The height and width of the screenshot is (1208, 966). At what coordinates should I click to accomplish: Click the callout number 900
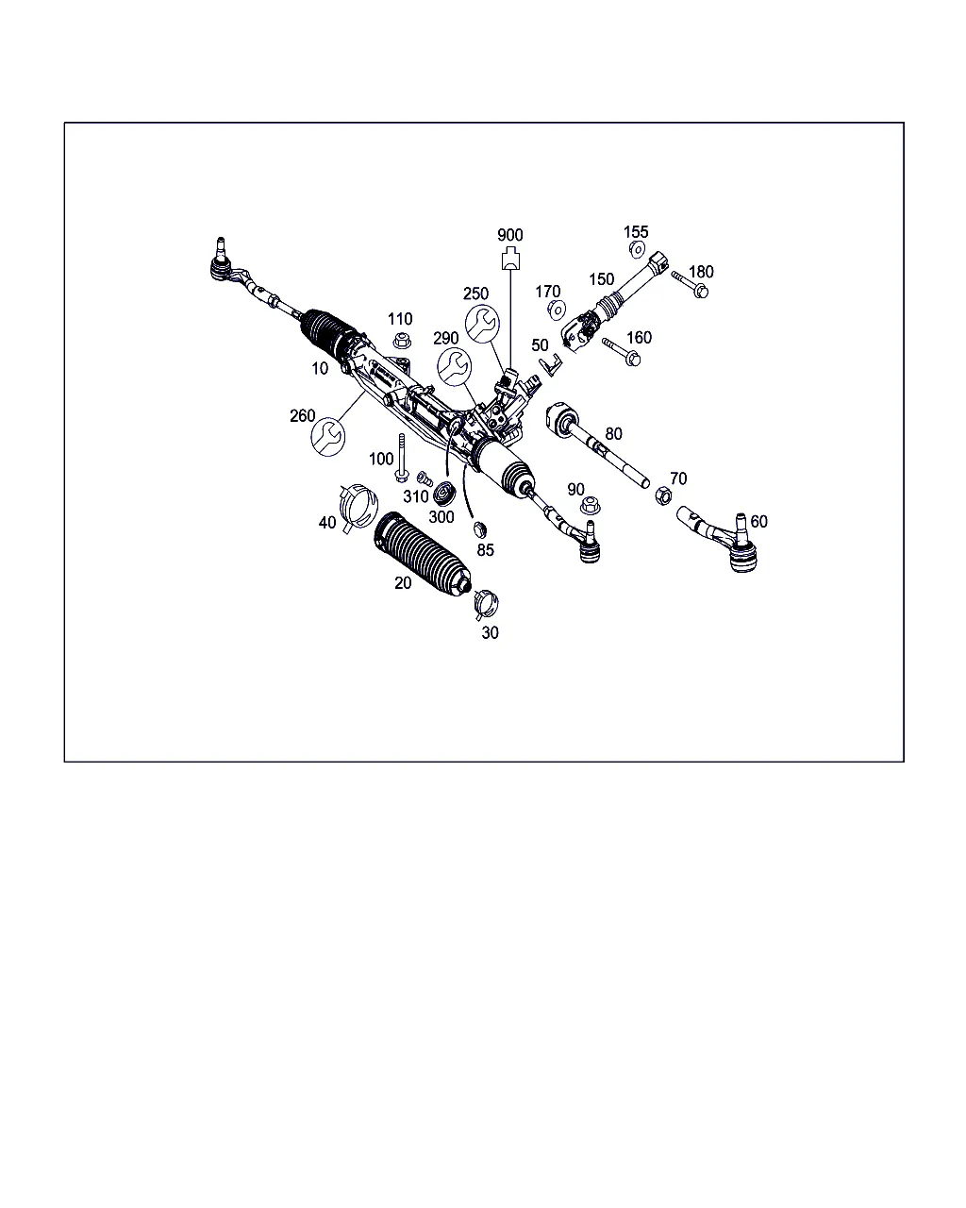point(509,235)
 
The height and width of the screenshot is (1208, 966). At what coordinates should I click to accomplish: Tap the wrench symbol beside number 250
point(482,324)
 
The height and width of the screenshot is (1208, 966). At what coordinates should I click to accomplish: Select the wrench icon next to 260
point(327,437)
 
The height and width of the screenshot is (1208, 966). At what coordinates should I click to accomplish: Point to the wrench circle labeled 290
point(454,366)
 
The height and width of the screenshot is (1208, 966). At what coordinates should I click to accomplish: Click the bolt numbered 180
point(690,285)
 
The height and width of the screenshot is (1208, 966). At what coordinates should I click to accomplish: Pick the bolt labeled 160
point(621,351)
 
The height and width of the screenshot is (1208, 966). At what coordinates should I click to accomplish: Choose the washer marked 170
point(557,310)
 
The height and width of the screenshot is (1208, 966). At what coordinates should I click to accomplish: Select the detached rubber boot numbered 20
point(422,553)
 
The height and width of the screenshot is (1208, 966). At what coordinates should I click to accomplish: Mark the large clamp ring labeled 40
point(358,507)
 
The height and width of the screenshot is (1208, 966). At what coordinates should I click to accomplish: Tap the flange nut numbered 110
point(401,340)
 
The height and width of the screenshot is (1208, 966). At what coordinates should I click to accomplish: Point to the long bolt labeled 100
point(401,458)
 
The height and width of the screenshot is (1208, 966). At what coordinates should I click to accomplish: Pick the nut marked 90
point(590,505)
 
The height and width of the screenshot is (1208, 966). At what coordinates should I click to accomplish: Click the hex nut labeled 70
point(663,495)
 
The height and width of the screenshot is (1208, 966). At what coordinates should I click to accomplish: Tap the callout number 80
point(613,433)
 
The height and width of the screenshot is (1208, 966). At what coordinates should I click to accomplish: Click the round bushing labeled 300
point(444,493)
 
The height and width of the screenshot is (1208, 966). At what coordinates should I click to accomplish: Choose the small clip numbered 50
point(551,364)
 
